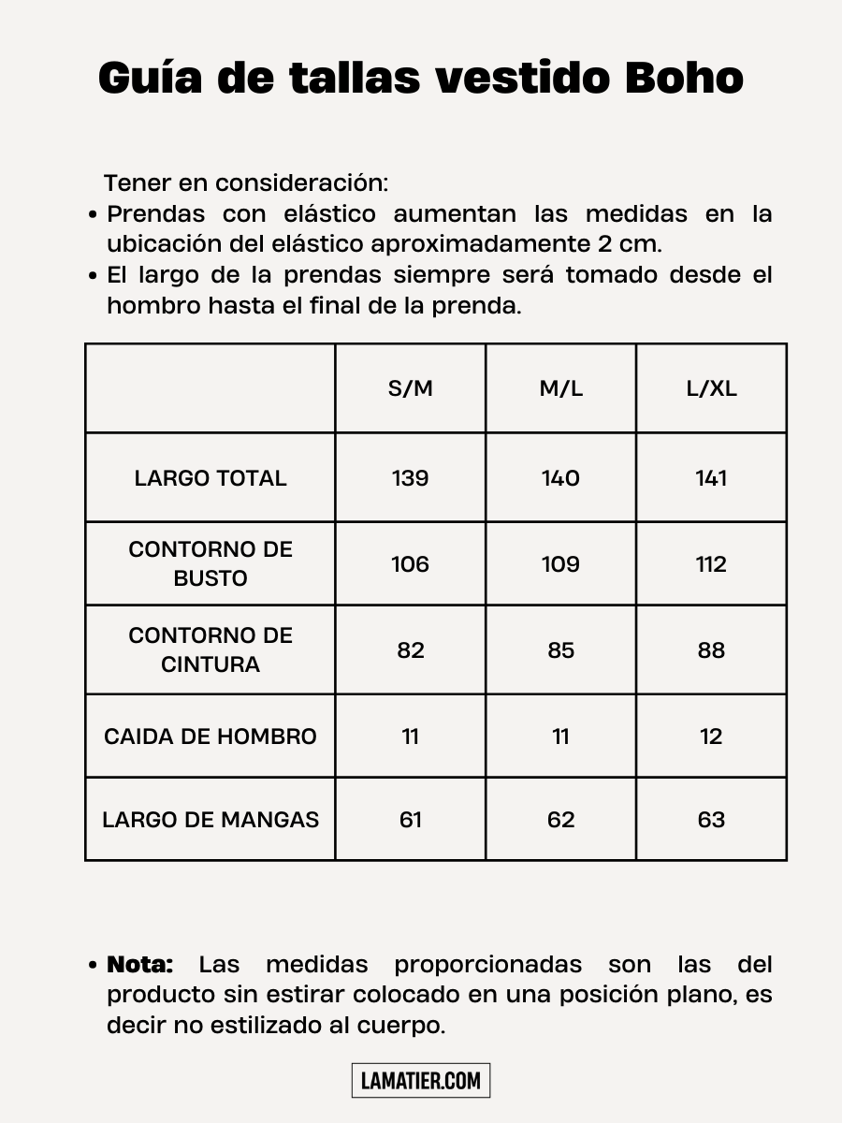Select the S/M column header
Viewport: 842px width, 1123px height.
(411, 388)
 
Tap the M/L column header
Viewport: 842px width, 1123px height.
(560, 388)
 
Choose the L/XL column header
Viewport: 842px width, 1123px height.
(711, 388)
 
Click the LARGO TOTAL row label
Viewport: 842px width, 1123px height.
(210, 478)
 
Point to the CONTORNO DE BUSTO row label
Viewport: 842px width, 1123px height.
(210, 563)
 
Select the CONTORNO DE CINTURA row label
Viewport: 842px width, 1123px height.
(210, 649)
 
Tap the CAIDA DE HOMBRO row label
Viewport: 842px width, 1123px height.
(210, 737)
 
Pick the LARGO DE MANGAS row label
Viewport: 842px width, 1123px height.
(210, 820)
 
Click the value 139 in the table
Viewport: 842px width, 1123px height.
(411, 478)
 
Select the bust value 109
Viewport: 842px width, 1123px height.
(560, 564)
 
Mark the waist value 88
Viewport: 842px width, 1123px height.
(711, 650)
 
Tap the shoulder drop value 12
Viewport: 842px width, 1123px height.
(711, 737)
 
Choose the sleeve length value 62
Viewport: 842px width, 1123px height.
(560, 820)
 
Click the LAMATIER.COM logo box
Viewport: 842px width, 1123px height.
(421, 1081)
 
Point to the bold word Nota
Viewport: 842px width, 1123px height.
(140, 965)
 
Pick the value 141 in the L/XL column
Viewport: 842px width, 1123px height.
(711, 478)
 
